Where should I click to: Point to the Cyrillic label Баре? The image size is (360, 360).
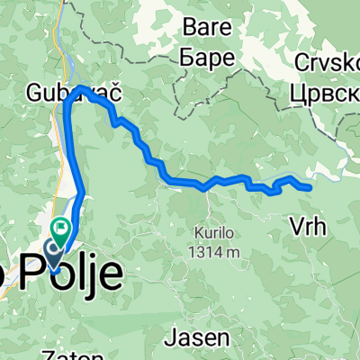(209, 57)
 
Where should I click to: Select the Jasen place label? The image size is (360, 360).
(195, 338)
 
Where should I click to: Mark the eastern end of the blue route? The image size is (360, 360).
(310, 187)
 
